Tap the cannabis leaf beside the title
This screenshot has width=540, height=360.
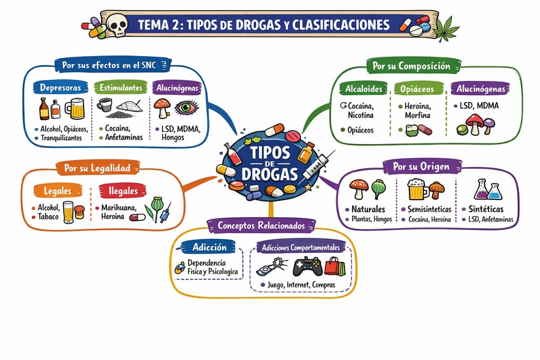[x=450, y=27]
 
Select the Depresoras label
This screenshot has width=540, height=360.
[x=60, y=87]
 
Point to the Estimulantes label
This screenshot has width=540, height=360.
[x=119, y=87]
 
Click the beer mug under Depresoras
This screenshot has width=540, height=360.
[x=76, y=108]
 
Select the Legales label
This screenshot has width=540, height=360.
[x=57, y=191]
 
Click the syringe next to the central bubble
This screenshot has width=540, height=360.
[x=316, y=165]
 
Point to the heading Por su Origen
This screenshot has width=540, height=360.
[x=421, y=167]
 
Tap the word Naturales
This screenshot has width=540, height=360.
[x=368, y=209]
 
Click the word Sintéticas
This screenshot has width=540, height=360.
[x=486, y=209]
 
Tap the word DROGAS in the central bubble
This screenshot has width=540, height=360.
[x=269, y=173]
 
